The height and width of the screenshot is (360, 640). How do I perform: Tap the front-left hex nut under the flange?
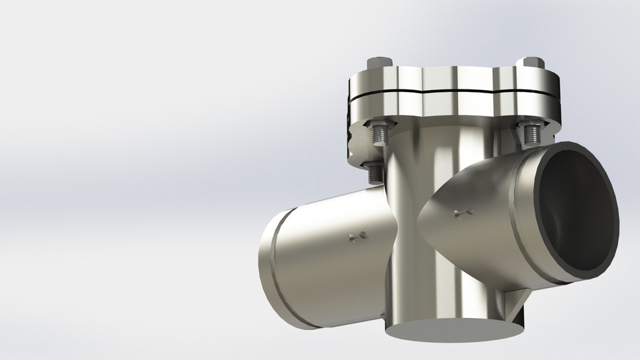(x=381, y=125)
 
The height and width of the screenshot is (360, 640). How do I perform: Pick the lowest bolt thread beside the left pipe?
(x=375, y=173)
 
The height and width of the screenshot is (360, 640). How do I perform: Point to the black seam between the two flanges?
(x=453, y=93)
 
